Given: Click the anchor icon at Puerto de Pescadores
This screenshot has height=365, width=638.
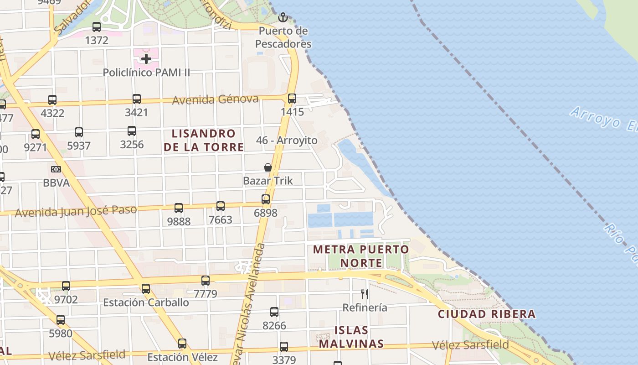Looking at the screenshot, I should pos(283,18).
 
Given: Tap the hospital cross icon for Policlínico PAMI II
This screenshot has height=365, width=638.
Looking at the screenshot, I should pos(146,58).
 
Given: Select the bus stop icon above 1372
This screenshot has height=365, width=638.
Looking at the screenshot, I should pos(97,27).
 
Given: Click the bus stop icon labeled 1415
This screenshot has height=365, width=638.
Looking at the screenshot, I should pos(292,99).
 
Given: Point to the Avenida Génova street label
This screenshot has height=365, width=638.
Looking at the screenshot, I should pos(215,99).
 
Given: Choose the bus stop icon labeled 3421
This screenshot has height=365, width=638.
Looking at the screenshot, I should pos(137,99).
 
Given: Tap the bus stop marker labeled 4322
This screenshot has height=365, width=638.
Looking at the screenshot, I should pos(52,100).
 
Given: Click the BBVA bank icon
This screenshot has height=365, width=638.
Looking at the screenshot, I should pos(56,169).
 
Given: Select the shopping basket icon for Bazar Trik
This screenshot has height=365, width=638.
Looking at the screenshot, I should pos(268,167).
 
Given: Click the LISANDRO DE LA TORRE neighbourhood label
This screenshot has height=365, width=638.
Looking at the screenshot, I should pos(204,141).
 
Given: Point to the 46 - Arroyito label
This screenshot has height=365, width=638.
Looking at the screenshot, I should pos(287,141).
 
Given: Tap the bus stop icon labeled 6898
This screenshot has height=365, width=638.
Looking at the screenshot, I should pos(266,199).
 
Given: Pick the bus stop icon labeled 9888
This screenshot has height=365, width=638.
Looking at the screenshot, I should pos(179,208).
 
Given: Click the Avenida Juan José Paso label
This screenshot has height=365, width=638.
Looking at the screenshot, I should pos(76,211).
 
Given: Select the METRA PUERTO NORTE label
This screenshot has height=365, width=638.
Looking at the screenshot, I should pos(361,256).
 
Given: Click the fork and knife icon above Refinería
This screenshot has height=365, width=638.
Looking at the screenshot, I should pos(365,294).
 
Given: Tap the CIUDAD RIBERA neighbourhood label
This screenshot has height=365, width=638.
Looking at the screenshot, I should pos(487,314).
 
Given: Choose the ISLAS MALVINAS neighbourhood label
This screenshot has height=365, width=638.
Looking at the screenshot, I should pos(351,337).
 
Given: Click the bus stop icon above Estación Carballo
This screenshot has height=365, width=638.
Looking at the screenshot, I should pos(146,289).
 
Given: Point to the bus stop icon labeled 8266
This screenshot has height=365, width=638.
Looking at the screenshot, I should pos(274,312).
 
